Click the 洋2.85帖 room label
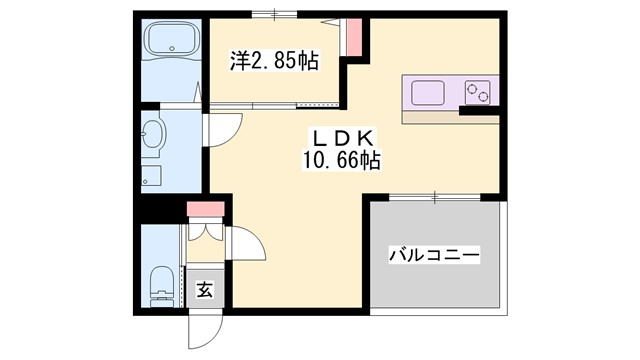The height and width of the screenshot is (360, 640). tap(274, 61)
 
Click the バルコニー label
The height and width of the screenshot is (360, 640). tap(434, 256)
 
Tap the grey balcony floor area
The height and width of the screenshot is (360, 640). tap(434, 285)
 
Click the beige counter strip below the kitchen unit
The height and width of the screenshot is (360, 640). tap(450, 116)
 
